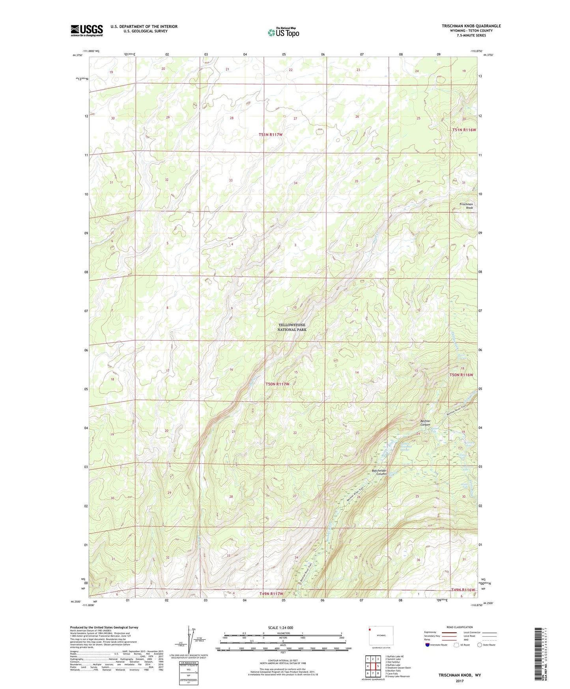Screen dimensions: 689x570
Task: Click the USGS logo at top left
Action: click(x=87, y=30)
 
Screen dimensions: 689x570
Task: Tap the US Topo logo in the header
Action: click(x=283, y=32)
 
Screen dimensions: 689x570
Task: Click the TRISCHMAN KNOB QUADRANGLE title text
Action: click(x=471, y=26)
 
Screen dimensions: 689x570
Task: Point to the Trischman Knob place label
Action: click(x=466, y=206)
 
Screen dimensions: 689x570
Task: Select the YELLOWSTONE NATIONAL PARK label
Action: click(x=292, y=327)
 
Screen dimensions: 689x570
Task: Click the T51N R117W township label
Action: click(x=271, y=135)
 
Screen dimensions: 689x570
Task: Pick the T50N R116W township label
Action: click(x=461, y=375)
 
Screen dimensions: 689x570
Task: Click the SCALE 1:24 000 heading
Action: click(x=280, y=627)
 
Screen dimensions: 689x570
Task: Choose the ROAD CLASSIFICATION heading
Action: click(x=460, y=627)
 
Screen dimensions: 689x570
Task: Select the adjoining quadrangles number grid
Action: click(x=373, y=666)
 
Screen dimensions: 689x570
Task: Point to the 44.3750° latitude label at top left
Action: click(x=78, y=55)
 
